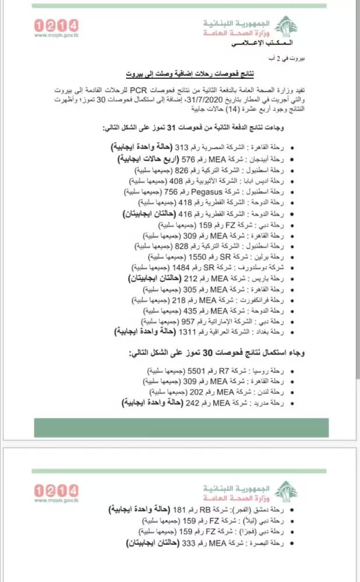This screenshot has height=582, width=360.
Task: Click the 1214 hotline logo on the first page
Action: tap(57, 25)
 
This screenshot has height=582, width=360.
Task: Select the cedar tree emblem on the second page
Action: tap(285, 489)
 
